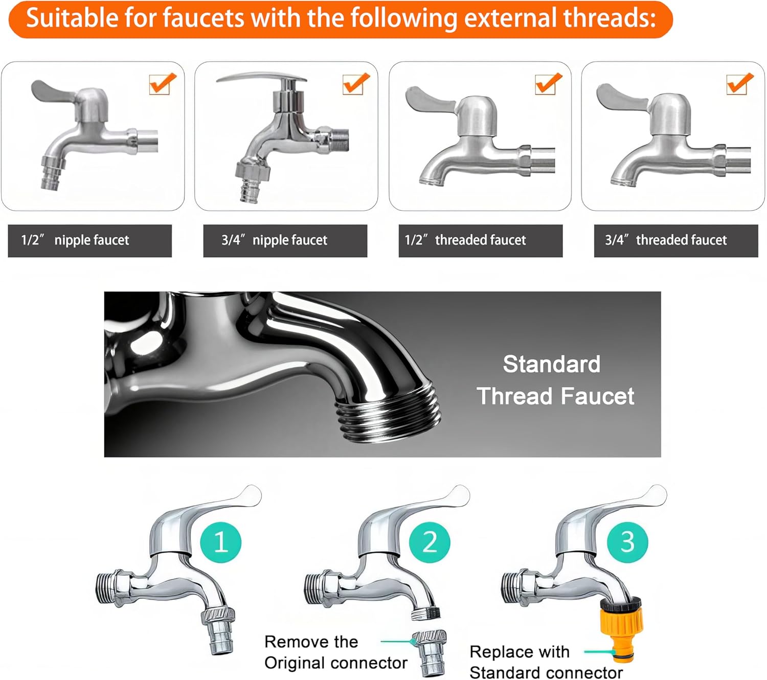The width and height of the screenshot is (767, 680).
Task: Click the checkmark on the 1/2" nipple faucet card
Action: (x=162, y=84)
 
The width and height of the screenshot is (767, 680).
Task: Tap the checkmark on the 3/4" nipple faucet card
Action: (x=355, y=84)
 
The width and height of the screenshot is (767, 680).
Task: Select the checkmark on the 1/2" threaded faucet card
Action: (x=548, y=84)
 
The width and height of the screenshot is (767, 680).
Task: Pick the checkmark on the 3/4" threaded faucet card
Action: (x=739, y=84)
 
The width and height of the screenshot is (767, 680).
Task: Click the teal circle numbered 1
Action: (x=220, y=542)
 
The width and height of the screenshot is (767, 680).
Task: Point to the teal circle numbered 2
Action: (x=430, y=542)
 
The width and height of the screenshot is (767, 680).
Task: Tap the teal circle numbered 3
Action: (x=627, y=542)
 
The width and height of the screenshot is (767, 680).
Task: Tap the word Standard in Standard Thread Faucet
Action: (x=551, y=365)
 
